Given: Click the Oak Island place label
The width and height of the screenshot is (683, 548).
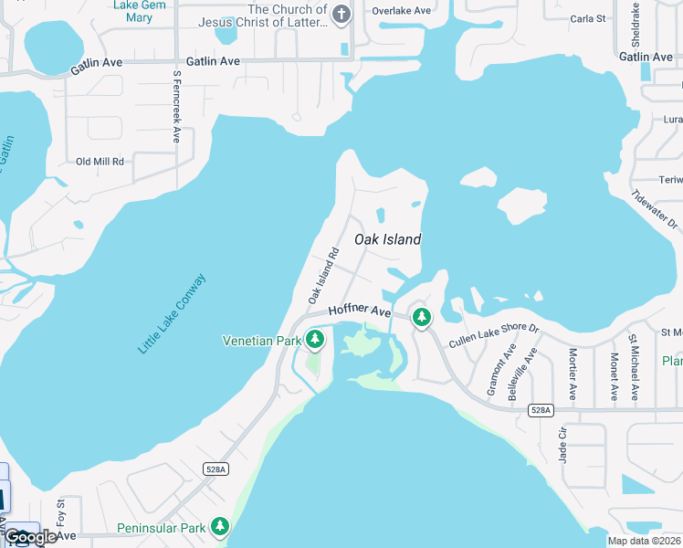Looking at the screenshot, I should (387, 239).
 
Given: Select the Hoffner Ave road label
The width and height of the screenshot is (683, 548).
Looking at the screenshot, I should (359, 311).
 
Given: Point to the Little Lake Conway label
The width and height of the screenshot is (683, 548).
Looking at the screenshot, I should (173, 314).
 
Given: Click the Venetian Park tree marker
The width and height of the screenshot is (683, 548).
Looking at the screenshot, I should (315, 341).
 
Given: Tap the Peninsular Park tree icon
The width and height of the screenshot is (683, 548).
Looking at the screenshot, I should (220, 527).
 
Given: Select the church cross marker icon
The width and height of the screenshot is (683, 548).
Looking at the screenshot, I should (341, 14).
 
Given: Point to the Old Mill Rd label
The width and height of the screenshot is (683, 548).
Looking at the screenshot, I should (100, 162).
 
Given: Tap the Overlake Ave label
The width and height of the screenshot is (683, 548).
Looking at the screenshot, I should (401, 11).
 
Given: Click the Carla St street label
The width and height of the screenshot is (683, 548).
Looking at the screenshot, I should (587, 18).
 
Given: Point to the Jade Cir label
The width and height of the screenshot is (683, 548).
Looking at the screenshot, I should (562, 443).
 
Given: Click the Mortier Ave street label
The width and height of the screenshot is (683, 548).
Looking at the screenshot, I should (573, 374).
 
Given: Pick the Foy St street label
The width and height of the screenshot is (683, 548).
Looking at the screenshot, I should (61, 511).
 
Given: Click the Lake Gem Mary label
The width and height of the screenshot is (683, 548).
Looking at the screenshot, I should (133, 10).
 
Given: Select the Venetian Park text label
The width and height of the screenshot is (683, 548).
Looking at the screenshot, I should (262, 341).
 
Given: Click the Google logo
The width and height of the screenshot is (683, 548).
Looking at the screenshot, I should (30, 538).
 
